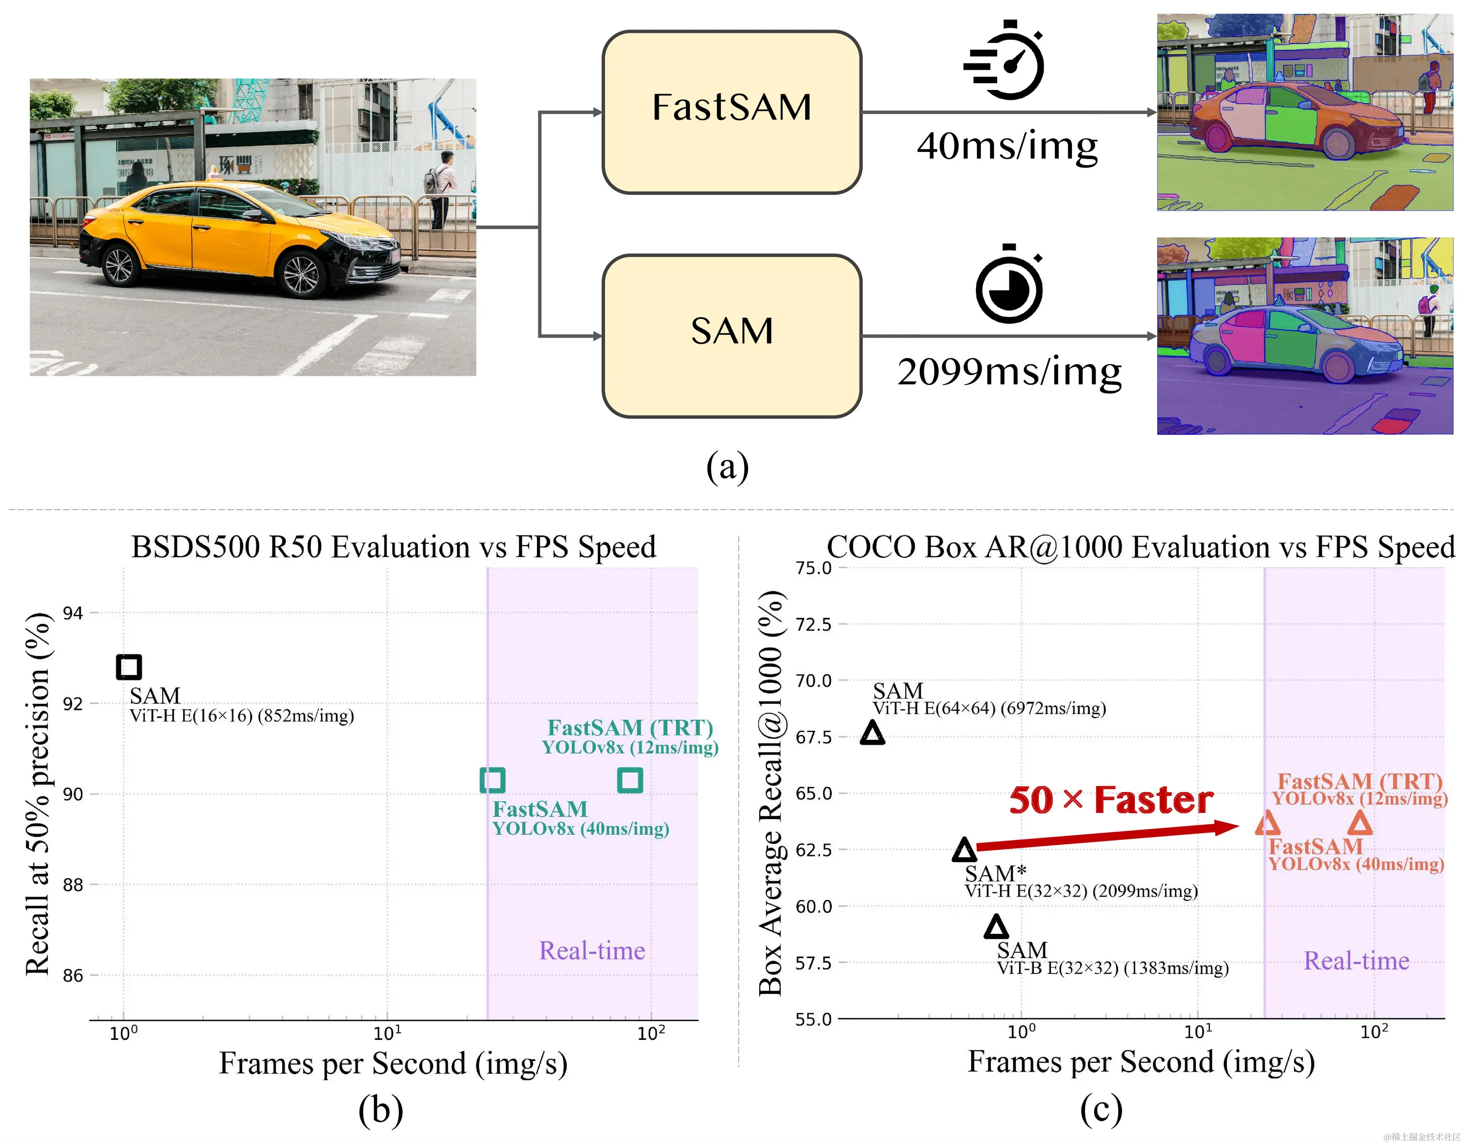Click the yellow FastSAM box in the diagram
point(732,112)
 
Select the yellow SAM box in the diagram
point(732,335)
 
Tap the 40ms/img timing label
point(1007,146)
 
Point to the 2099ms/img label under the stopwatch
point(1009,372)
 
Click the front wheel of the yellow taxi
point(300,274)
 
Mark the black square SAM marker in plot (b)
point(129,667)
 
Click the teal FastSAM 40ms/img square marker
point(493,779)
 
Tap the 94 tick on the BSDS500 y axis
point(73,613)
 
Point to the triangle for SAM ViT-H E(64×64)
point(872,733)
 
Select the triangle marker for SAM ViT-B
point(996,927)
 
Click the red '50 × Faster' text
point(1111,800)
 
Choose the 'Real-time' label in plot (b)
point(592,950)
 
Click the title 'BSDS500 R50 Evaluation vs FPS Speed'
point(394,547)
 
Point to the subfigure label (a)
point(727,467)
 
